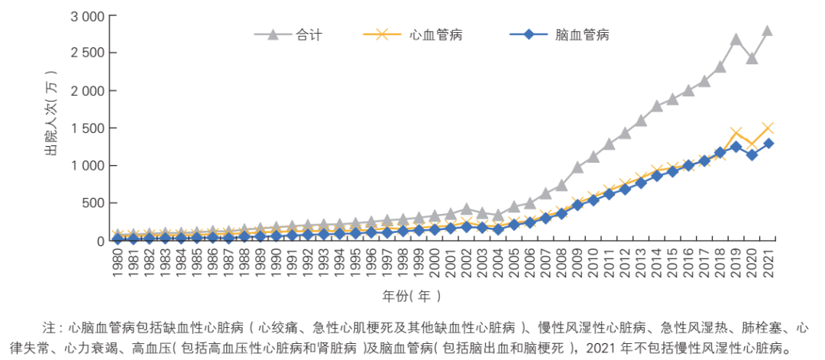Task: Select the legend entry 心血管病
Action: pyautogui.click(x=435, y=34)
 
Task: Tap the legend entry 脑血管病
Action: pyautogui.click(x=581, y=34)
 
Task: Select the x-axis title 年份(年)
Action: pyautogui.click(x=412, y=294)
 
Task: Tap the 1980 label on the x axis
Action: pyautogui.click(x=118, y=261)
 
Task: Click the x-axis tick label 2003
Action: pyautogui.click(x=482, y=261)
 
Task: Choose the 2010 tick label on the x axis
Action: pyautogui.click(x=593, y=261)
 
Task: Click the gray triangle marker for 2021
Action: pyautogui.click(x=767, y=31)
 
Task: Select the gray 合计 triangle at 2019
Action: pyautogui.click(x=736, y=39)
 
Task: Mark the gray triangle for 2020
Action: pyautogui.click(x=752, y=58)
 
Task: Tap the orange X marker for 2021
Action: pyautogui.click(x=767, y=128)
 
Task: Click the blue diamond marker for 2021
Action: pyautogui.click(x=767, y=144)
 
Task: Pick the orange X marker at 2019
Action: pyautogui.click(x=736, y=134)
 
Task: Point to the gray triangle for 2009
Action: pyautogui.click(x=577, y=167)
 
